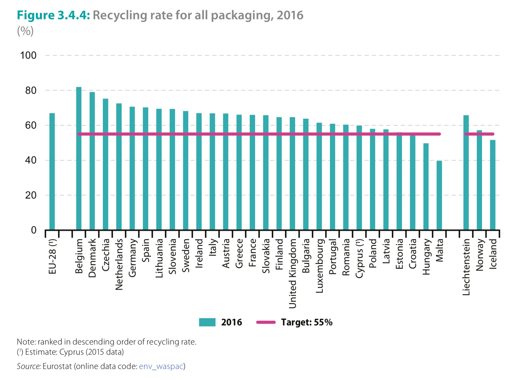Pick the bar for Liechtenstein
[x=466, y=173]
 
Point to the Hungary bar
[x=426, y=187]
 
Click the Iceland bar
[x=493, y=185]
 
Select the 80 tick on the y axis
[x=31, y=90]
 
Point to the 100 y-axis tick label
[x=28, y=55]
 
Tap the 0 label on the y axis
[x=34, y=230]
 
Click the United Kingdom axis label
[x=293, y=273]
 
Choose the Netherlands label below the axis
[x=119, y=264]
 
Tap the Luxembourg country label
[x=320, y=265]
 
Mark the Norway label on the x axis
[x=480, y=255]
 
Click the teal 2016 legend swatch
[x=207, y=322]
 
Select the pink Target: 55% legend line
[x=266, y=322]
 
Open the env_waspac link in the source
[x=161, y=366]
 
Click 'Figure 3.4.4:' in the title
[x=53, y=15]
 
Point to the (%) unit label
[x=25, y=31]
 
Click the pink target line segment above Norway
[x=479, y=134]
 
